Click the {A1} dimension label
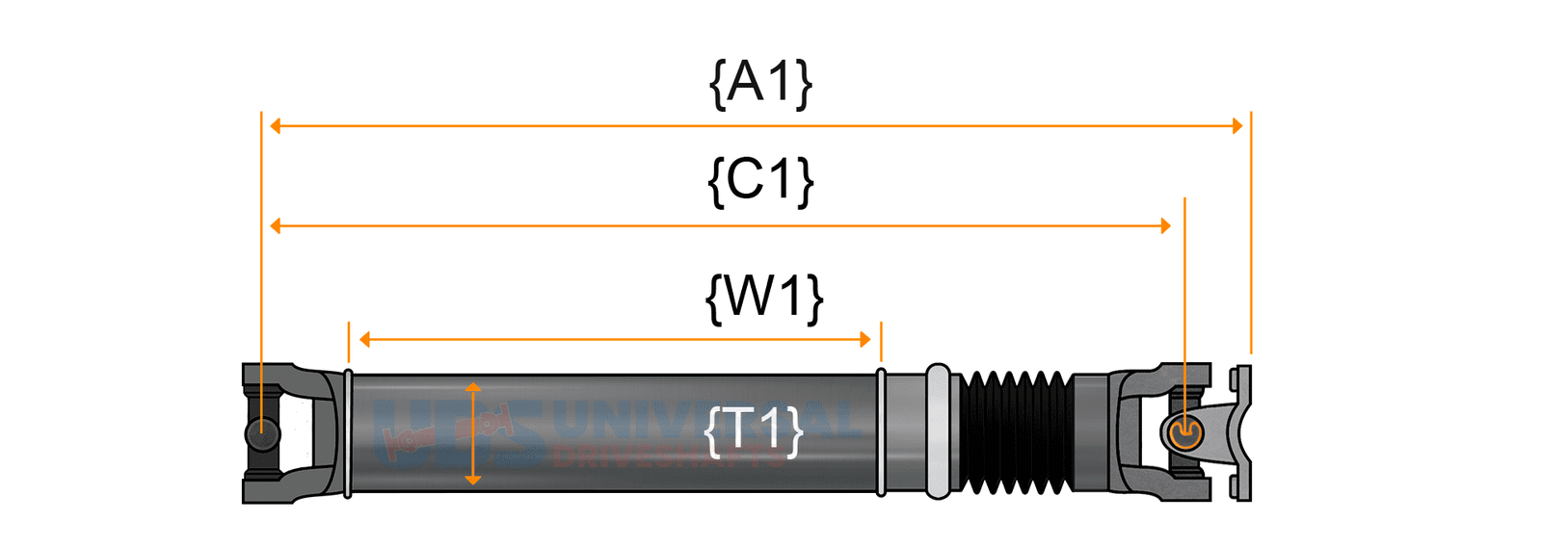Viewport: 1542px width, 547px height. (x=760, y=83)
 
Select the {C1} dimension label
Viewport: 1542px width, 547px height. (x=760, y=180)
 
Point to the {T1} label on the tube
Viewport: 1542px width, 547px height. (x=754, y=430)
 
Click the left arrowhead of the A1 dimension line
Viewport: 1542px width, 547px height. (x=276, y=126)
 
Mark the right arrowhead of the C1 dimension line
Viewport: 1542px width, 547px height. (x=1166, y=226)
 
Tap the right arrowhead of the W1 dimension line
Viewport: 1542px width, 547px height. (x=865, y=339)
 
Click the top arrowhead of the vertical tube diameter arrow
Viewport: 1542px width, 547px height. (x=472, y=387)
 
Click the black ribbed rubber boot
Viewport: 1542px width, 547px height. (x=1016, y=431)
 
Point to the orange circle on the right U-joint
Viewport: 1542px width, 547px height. (x=1184, y=433)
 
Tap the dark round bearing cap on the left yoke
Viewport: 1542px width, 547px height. (x=261, y=434)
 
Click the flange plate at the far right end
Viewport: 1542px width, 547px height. (x=1243, y=433)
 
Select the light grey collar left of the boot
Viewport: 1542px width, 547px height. (x=937, y=431)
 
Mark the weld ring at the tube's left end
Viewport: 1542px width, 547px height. (x=348, y=432)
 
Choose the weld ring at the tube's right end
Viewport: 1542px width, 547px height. (x=881, y=432)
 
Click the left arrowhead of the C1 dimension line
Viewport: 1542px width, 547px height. (x=276, y=226)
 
